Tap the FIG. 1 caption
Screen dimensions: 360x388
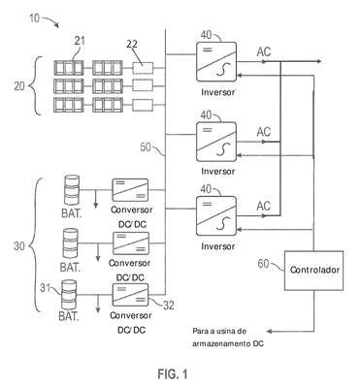173,374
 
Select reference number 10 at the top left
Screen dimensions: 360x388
34,18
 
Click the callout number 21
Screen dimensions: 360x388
80,42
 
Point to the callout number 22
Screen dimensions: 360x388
132,44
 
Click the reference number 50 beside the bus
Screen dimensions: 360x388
146,147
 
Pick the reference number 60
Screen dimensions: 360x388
263,264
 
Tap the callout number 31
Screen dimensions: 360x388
46,287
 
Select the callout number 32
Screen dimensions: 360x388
169,306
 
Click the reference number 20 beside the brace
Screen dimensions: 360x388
19,86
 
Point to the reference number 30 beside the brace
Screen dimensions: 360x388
19,246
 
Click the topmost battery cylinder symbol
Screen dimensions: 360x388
72,190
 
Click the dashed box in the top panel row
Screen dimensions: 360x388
143,68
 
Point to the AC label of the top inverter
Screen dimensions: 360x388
264,51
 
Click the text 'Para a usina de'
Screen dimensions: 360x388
219,332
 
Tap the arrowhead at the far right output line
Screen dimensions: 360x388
319,61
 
